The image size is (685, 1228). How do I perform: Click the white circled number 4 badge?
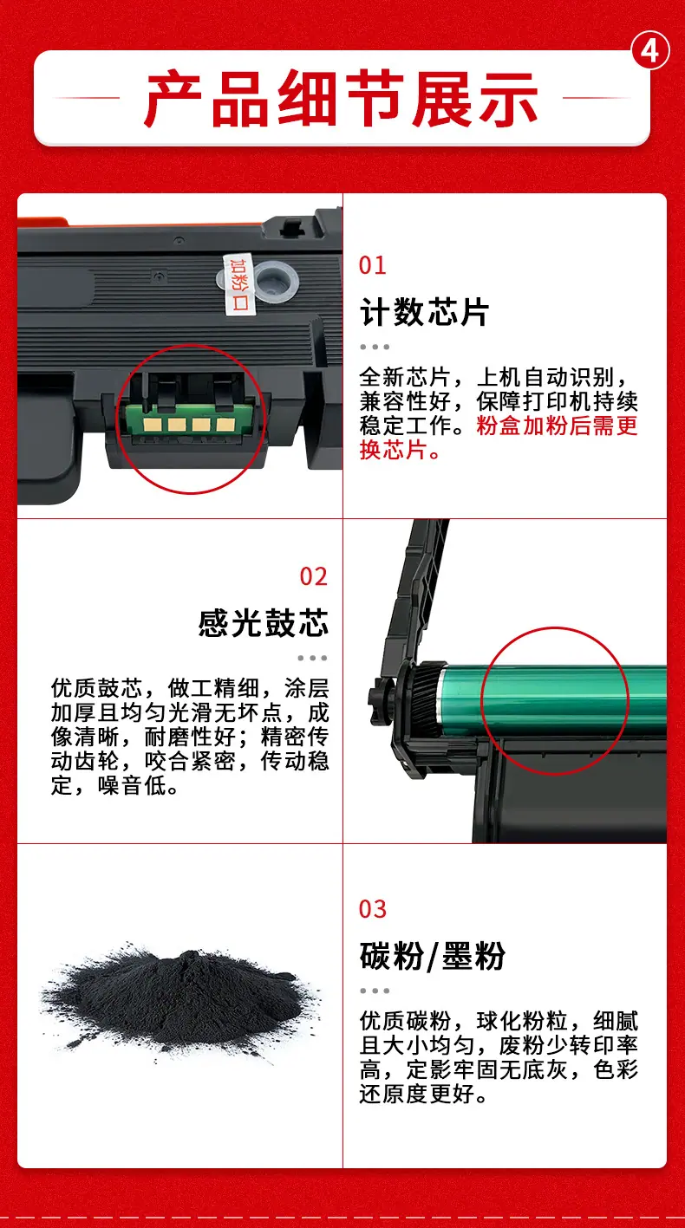tap(650, 51)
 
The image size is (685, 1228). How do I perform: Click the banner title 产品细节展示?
tap(341, 99)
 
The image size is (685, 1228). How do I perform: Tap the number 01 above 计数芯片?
tap(372, 265)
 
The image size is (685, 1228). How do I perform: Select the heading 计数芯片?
tap(424, 313)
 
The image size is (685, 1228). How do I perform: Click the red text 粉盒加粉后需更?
tap(557, 426)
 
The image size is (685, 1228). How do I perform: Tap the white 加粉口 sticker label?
tap(239, 284)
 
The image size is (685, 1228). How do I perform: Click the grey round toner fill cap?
tap(276, 281)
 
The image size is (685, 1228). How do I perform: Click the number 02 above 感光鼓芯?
tap(313, 576)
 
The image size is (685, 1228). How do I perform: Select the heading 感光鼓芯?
tap(264, 623)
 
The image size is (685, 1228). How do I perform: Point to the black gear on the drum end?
tap(425, 699)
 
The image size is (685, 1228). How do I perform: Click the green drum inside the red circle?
tap(554, 700)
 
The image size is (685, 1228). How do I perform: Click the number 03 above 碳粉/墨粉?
tap(373, 909)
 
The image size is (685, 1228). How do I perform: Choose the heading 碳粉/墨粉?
tap(432, 956)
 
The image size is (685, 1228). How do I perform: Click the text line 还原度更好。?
tap(423, 1094)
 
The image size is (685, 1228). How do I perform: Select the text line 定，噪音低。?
tap(114, 785)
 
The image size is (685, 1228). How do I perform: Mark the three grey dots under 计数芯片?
tap(375, 347)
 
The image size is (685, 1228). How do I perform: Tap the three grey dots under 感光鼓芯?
tap(313, 658)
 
